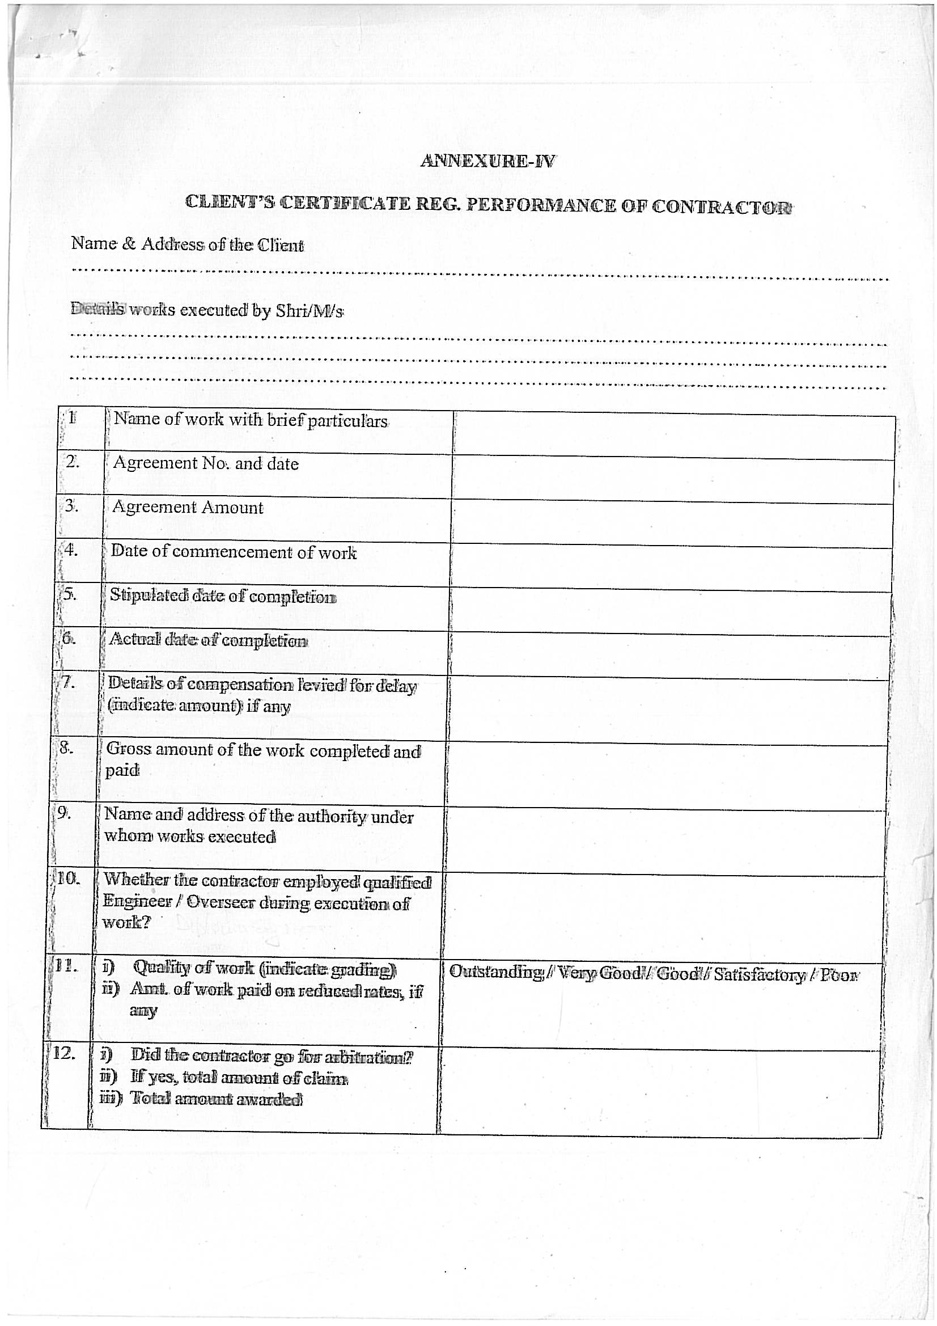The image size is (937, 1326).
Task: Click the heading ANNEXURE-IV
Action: point(487,161)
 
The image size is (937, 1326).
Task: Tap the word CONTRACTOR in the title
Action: point(722,207)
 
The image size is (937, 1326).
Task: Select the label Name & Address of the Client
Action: point(187,244)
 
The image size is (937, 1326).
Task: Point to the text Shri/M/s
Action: point(309,311)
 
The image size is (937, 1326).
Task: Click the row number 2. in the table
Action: point(72,462)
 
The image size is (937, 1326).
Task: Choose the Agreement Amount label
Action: point(188,507)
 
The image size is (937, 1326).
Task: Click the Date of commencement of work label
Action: point(234,552)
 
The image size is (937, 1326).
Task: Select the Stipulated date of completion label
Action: point(223,596)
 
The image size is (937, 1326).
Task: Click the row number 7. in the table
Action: point(69,683)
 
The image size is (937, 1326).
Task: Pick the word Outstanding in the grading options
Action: point(496,973)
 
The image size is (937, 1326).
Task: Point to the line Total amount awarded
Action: point(217,1099)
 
